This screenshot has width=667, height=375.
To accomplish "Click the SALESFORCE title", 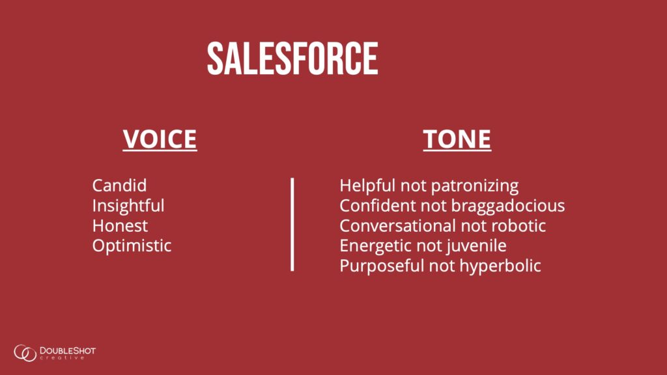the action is [x=292, y=58].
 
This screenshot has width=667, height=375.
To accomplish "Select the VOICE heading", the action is [x=160, y=139].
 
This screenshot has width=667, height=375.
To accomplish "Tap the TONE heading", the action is [x=457, y=139].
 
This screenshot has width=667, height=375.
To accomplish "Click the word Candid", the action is [x=120, y=186].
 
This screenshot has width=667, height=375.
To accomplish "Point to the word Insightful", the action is [x=128, y=206].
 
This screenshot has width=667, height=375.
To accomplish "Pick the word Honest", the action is [x=120, y=226].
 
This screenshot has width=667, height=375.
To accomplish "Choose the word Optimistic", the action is [x=132, y=245].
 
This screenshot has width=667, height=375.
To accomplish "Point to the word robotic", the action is [x=518, y=226].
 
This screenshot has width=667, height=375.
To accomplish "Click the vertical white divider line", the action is [x=292, y=225].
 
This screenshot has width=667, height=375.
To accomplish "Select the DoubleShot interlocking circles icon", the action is [x=25, y=353].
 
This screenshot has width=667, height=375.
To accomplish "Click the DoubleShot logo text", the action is [x=68, y=353].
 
